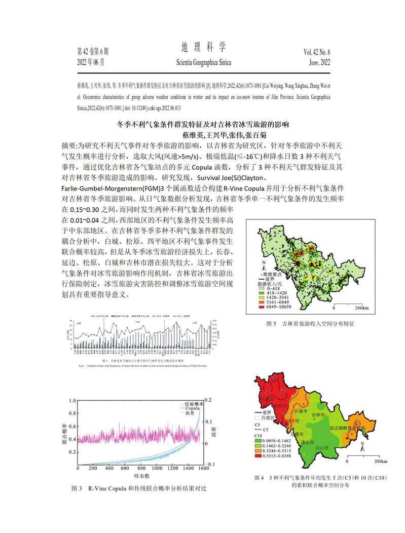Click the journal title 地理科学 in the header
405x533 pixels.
[203, 48]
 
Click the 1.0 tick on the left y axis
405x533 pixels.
[72, 399]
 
